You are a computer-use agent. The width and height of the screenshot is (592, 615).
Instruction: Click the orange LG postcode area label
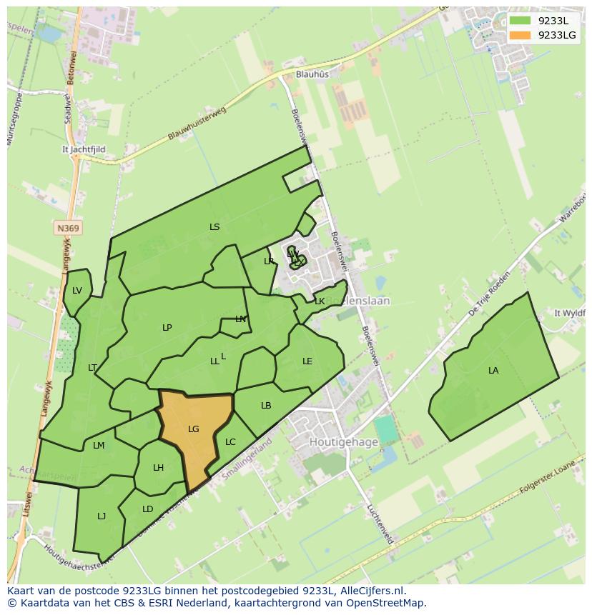pos(193,429)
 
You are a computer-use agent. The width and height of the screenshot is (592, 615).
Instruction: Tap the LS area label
pos(214,227)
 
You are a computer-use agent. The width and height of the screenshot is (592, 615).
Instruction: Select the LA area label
pos(493,371)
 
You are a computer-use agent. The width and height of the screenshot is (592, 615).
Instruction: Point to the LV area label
pos(77,290)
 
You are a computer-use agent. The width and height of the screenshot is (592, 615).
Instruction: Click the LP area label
pos(167,328)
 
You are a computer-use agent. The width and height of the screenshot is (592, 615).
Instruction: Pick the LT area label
pos(92,368)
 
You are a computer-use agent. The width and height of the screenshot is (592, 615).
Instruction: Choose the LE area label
pos(307,361)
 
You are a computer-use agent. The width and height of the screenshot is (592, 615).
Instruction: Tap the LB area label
pos(266,406)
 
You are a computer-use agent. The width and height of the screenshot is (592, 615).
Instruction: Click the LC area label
pos(230,442)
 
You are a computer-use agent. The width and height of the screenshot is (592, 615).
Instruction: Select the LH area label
pos(158,468)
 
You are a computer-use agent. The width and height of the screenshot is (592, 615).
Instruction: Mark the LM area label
pos(99,446)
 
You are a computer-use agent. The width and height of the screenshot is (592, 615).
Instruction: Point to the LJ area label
pos(102,516)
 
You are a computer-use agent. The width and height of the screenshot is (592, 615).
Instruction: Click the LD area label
pos(147,509)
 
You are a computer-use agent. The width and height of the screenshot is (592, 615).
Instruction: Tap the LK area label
pos(320,301)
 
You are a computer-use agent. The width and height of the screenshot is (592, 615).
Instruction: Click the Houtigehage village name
pos(343,442)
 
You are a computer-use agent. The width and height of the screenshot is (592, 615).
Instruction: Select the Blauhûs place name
pos(312,74)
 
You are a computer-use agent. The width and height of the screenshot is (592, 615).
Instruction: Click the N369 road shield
pos(68,229)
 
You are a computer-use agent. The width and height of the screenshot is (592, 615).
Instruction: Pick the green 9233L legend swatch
pos(521,21)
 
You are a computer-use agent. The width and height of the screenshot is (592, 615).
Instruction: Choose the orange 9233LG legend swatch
pos(521,35)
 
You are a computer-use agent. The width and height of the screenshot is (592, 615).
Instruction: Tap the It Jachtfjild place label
pos(84,149)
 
